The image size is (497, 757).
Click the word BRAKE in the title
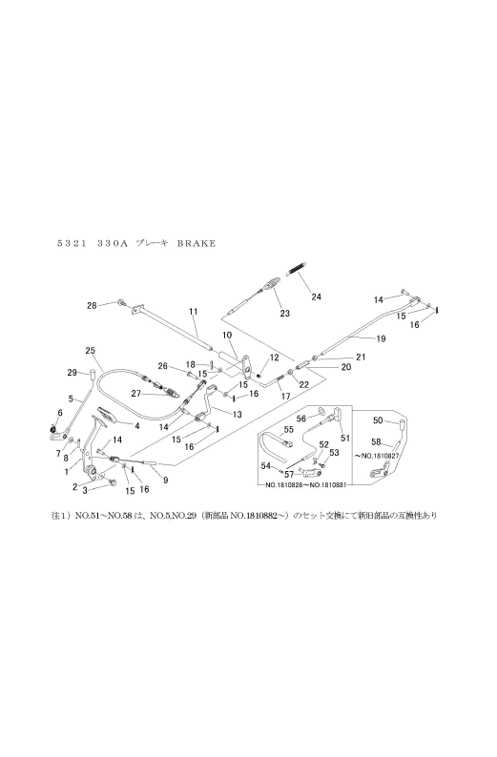click(x=196, y=243)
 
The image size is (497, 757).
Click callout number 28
click(x=93, y=305)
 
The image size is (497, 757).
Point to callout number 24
click(x=316, y=297)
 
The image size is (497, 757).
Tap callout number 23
click(x=283, y=313)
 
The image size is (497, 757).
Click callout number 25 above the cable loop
click(x=90, y=350)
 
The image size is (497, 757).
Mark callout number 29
click(x=72, y=372)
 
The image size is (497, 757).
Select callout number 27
click(x=136, y=393)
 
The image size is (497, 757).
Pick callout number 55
click(x=287, y=430)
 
